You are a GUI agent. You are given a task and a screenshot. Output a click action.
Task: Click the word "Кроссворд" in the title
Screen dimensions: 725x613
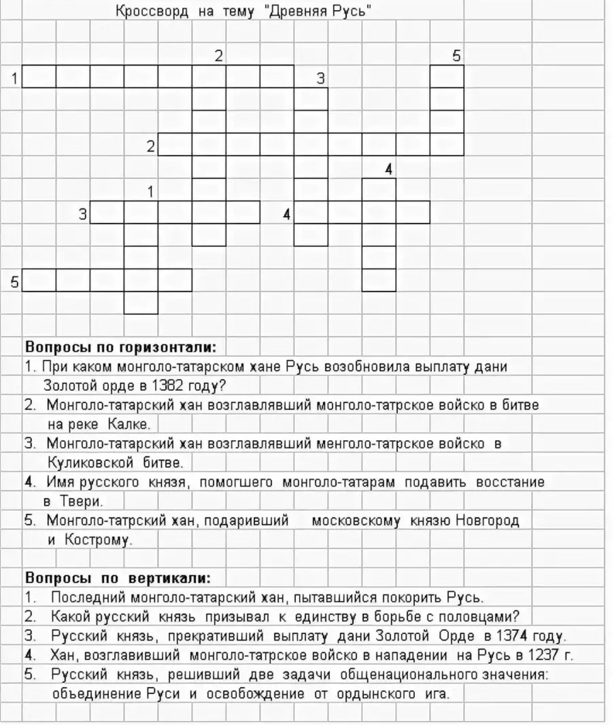tap(152, 11)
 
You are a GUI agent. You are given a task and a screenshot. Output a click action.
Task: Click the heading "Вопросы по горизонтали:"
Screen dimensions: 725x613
tap(120, 347)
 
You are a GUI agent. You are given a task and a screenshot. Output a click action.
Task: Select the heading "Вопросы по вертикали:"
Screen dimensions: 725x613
tap(117, 578)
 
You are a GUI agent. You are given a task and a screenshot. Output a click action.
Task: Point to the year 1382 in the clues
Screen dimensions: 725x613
tap(167, 386)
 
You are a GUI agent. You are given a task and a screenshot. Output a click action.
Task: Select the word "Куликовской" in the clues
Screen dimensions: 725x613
tap(90, 462)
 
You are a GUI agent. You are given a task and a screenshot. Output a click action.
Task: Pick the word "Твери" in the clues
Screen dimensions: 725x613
tap(81, 501)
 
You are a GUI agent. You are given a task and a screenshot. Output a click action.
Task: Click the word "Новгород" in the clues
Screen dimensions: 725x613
tap(488, 520)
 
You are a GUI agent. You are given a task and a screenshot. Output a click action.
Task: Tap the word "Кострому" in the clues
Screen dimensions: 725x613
tap(98, 539)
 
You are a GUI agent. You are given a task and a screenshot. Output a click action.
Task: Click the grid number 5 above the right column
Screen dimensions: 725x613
tap(456, 56)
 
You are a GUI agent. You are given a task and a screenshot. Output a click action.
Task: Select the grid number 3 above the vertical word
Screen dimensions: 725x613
tap(320, 78)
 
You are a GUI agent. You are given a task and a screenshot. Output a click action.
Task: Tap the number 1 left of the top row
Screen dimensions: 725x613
tap(15, 78)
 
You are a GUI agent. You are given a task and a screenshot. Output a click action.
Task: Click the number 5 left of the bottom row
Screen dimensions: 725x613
tap(15, 281)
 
